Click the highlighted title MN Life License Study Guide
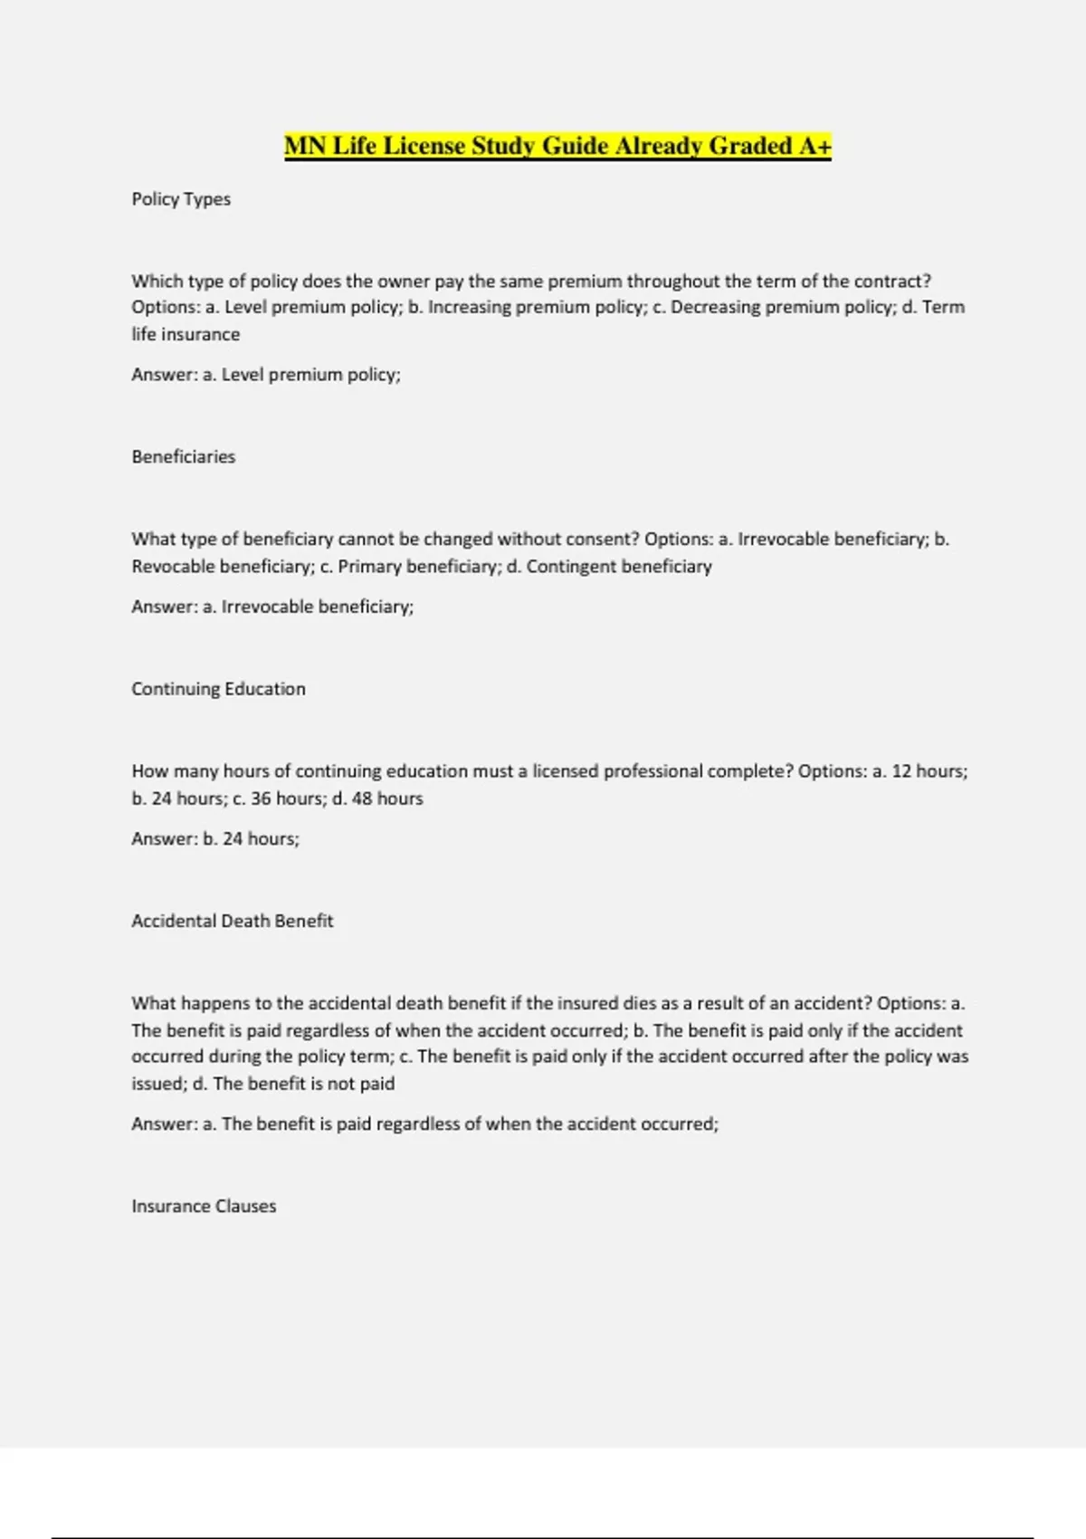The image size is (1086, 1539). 557,146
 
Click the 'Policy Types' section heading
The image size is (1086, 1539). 181,199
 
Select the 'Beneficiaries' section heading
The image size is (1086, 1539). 183,457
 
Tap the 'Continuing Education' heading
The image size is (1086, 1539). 218,689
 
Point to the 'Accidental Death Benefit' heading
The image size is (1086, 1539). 232,921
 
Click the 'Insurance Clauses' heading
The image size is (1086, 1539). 204,1206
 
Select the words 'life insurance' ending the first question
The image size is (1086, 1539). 186,334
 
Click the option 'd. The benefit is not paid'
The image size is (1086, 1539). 293,1084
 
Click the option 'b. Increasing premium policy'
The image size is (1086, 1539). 526,308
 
